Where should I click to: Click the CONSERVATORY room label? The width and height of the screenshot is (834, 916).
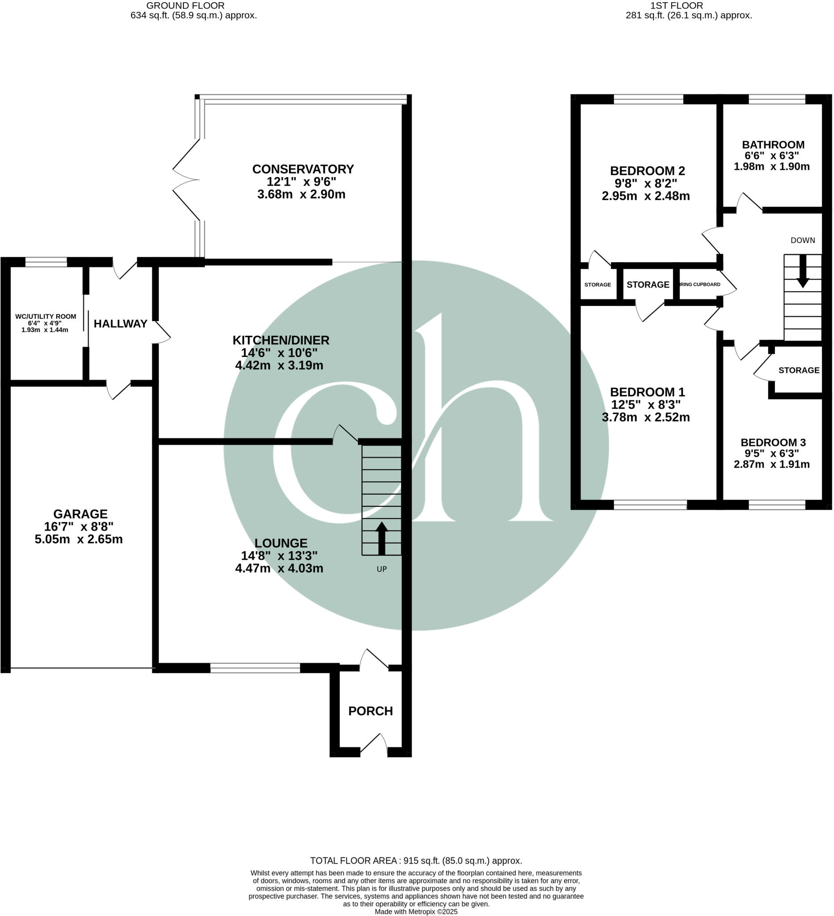(x=303, y=169)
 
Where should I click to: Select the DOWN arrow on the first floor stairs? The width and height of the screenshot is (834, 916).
(x=803, y=271)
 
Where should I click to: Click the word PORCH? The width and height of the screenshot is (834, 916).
(x=370, y=711)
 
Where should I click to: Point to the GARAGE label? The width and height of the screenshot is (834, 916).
(x=81, y=514)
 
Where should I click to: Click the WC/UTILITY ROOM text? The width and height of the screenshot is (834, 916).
(x=46, y=316)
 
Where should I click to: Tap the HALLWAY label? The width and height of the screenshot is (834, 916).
(x=120, y=323)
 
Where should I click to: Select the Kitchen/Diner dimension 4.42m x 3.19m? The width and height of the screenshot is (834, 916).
(x=279, y=365)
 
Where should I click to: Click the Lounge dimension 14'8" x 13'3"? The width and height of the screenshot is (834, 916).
(x=279, y=555)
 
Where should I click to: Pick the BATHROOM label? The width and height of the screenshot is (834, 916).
(x=773, y=144)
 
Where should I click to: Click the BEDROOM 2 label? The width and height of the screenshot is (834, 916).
(x=647, y=171)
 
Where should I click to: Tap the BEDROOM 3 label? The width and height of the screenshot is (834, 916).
(x=773, y=442)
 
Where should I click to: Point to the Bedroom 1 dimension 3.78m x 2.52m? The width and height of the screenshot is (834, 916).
(x=646, y=417)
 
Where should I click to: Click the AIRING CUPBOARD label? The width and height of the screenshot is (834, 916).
(x=700, y=284)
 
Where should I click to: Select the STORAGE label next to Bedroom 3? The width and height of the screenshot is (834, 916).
(x=799, y=370)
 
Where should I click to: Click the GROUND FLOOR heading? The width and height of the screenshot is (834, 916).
(x=185, y=5)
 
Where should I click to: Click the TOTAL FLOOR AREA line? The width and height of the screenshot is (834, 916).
(x=416, y=861)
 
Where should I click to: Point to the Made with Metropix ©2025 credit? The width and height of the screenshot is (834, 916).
(x=416, y=912)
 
